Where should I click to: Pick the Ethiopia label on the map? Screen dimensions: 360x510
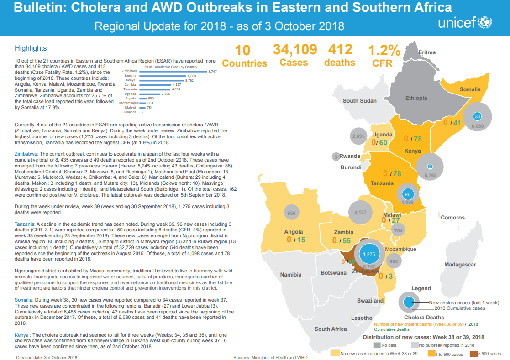(x=416, y=98)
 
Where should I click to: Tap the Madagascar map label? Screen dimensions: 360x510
(x=461, y=265)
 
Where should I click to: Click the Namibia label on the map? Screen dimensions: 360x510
(x=290, y=274)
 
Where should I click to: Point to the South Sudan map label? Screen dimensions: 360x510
(x=360, y=101)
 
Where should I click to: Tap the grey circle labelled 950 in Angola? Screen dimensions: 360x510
(x=291, y=213)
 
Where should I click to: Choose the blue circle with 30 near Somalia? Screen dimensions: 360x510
(x=477, y=116)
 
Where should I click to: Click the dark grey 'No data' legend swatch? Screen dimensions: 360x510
(x=377, y=345)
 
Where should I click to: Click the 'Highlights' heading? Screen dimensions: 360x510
(x=31, y=48)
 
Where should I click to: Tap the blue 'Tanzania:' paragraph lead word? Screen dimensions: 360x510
(x=25, y=224)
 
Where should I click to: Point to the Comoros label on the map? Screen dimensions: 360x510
(x=452, y=218)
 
